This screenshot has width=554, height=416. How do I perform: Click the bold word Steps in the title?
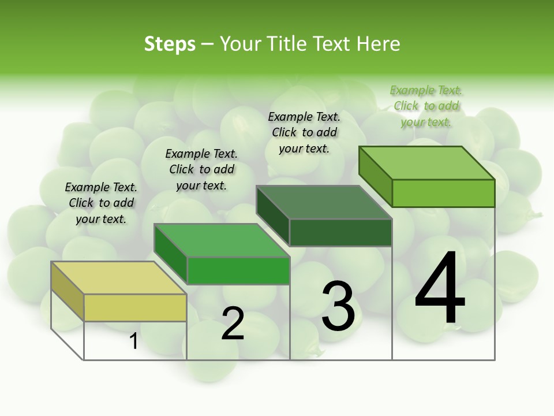coord(170,44)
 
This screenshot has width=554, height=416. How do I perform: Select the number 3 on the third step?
coord(338,306)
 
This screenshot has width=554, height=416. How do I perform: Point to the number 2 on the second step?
coord(233,324)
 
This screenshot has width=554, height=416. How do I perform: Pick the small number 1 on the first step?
coord(133,341)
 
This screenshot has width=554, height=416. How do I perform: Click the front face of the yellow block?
coord(135,307)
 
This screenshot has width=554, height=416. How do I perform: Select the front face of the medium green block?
coord(238,270)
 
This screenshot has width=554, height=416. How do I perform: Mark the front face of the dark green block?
coord(340,232)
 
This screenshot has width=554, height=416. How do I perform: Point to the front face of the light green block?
coord(443,193)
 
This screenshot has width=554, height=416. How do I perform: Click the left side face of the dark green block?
coord(272,217)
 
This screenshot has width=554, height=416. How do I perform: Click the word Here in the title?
coord(378,44)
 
